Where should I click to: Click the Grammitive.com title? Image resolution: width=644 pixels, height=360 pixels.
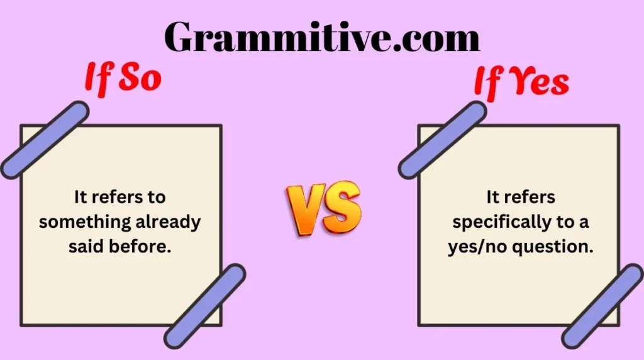click(x=322, y=36)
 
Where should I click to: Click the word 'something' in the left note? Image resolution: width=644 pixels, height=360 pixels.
click(x=78, y=222)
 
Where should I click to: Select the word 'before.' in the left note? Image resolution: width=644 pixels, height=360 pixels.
click(x=142, y=247)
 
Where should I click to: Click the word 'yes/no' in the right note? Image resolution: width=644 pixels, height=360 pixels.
click(x=474, y=247)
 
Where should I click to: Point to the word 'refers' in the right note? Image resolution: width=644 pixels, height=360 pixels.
click(x=530, y=197)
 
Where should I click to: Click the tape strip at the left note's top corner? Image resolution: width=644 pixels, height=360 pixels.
click(x=44, y=139)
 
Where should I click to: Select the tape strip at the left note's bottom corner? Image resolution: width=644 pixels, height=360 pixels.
click(x=205, y=306)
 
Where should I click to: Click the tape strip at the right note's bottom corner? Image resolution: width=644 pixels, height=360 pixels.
click(x=602, y=306)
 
